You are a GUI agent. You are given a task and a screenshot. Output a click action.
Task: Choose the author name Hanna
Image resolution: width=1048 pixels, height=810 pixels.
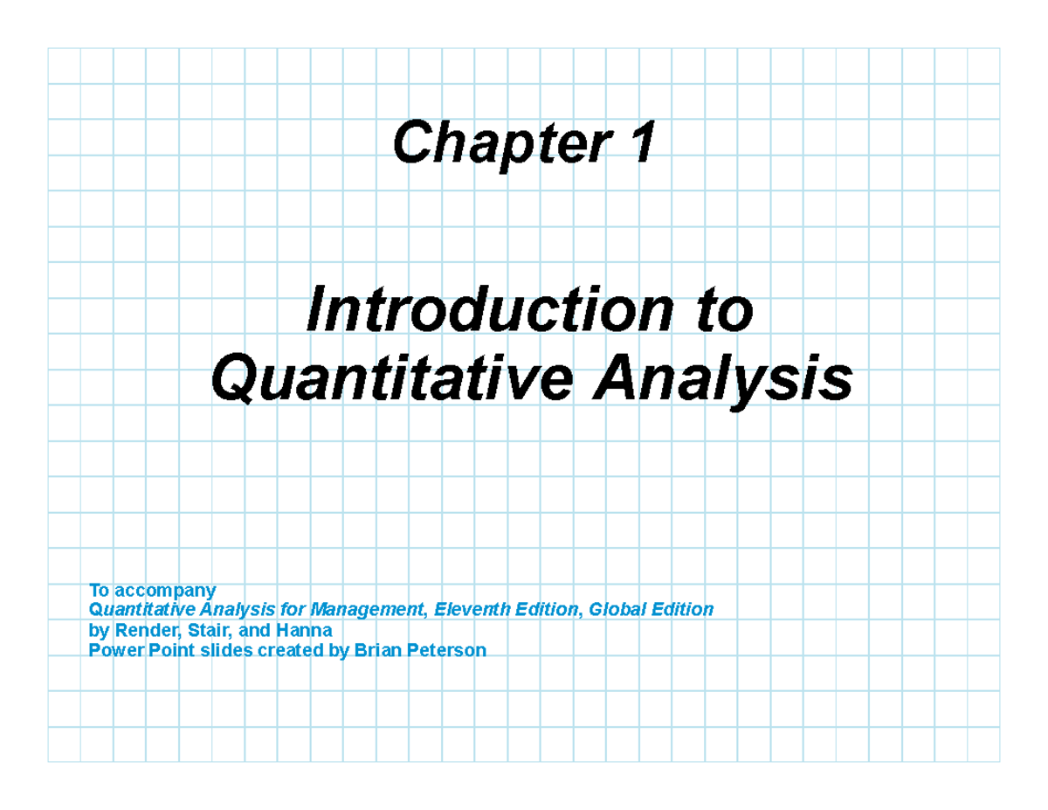[x=301, y=630]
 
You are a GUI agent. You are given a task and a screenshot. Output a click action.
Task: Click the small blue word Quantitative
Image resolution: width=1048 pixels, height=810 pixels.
[x=139, y=609]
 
